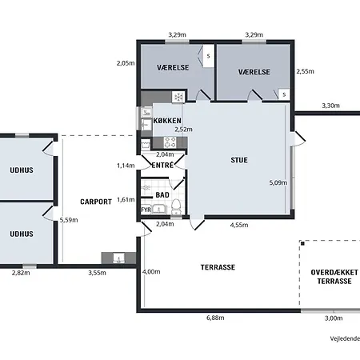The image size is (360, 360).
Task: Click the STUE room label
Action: click(239, 160)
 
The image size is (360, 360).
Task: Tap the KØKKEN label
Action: click(167, 121)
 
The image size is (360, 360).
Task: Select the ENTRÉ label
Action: click(162, 166)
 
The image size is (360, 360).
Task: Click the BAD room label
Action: click(162, 195)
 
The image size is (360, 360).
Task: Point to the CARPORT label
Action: click(96, 202)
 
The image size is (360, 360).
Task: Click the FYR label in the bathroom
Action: click(146, 210)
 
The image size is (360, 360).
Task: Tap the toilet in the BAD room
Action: click(176, 206)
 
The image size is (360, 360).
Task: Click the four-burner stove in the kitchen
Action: click(170, 142)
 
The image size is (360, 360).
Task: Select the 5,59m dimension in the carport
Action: click(69, 220)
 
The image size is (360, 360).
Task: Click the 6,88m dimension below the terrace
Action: click(215, 318)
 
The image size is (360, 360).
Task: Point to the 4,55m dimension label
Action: click(239, 225)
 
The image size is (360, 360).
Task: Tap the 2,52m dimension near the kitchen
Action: click(183, 130)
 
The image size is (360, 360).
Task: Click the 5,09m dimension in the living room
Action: click(278, 182)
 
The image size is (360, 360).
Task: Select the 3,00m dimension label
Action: click(334, 318)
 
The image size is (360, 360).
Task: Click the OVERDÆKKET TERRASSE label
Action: click(334, 277)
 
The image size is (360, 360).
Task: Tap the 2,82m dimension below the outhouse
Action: click(21, 273)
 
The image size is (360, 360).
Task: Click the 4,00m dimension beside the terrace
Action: click(151, 272)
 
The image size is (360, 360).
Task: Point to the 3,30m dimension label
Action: click(330, 106)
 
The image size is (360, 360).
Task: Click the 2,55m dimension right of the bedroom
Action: click(305, 71)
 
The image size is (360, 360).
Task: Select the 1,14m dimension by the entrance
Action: click(126, 166)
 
